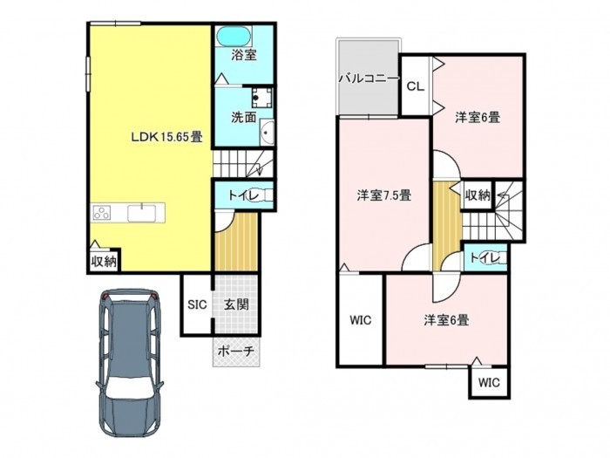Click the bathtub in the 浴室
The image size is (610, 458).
coord(233,37)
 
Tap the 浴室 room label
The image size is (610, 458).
coord(244,55)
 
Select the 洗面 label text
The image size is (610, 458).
coord(244,117)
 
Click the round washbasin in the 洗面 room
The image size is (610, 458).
coord(267,133)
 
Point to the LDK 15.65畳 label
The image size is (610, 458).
coord(166,137)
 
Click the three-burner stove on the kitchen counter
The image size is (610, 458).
coord(102,214)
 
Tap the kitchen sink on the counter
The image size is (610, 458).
coord(141,213)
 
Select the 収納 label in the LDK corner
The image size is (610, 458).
coord(104,262)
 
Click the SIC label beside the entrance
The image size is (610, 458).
coord(197,304)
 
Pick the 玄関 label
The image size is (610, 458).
coord(236,304)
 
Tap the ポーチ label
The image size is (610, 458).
coord(236,352)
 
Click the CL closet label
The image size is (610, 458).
coord(415,86)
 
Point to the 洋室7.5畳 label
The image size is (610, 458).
coord(384,195)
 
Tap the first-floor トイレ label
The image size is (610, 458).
coord(243,195)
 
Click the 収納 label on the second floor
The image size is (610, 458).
coord(478,195)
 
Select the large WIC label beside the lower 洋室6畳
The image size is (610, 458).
coord(360,320)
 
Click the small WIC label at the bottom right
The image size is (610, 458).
coord(489,382)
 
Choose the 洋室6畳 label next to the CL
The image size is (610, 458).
coord(478,117)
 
